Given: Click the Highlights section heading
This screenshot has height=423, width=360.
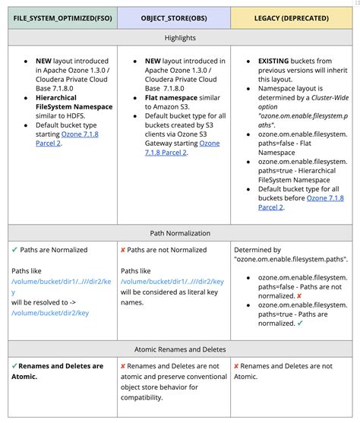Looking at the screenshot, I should pyautogui.click(x=179, y=37).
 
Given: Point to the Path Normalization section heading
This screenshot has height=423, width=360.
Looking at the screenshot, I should pyautogui.click(x=179, y=233).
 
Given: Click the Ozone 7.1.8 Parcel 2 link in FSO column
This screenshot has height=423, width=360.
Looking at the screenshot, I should pyautogui.click(x=67, y=137).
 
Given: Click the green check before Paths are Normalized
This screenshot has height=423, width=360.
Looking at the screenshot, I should pyautogui.click(x=14, y=250).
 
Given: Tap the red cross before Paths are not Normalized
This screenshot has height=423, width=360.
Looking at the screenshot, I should pyautogui.click(x=123, y=250).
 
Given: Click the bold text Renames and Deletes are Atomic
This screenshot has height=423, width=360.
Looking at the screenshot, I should pyautogui.click(x=61, y=371).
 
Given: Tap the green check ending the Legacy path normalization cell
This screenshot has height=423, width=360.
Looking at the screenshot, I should pyautogui.click(x=301, y=323).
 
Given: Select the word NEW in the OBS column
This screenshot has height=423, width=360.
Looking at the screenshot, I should pyautogui.click(x=153, y=61).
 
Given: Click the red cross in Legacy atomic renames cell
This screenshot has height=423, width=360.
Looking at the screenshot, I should pyautogui.click(x=236, y=366).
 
